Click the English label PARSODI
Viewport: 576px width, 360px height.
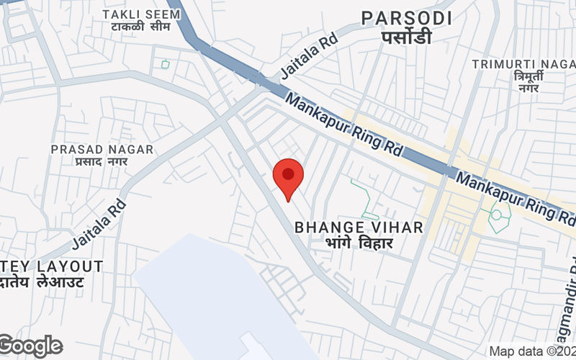[x=406, y=18]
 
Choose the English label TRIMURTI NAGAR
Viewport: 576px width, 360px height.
[x=523, y=64]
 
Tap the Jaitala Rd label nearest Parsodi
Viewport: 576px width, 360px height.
[x=309, y=55]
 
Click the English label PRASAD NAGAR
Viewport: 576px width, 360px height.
[x=102, y=149]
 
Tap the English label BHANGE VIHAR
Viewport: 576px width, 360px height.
[x=358, y=228]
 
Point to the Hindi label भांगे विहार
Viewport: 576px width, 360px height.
[x=358, y=243]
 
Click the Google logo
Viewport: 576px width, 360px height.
[x=30, y=346]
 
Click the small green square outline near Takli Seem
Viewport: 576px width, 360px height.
[x=166, y=64]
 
